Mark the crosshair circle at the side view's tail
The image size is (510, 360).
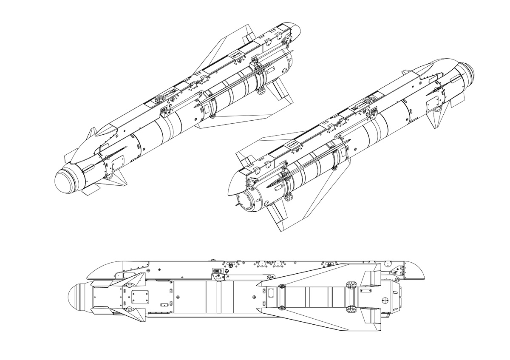pos(385,300)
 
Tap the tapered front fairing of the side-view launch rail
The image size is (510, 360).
pos(106,268)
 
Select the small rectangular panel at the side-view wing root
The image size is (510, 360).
pos(270,291)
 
